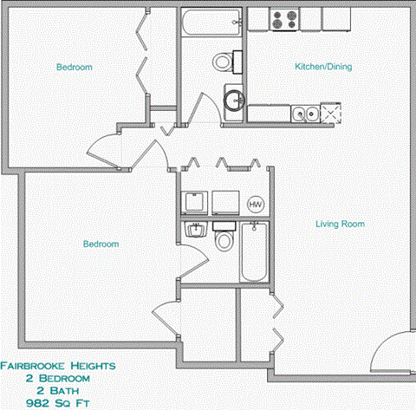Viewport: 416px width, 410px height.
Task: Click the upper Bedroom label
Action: click(75, 68)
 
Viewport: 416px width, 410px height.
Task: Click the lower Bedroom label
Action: click(101, 244)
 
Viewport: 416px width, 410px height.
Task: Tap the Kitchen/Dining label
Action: click(322, 68)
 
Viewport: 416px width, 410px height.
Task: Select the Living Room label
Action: click(339, 224)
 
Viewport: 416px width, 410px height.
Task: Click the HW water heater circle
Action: click(256, 204)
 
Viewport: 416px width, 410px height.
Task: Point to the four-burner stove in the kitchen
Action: click(283, 19)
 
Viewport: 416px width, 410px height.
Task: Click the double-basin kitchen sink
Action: click(303, 113)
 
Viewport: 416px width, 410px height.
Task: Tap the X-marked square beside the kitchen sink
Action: click(330, 113)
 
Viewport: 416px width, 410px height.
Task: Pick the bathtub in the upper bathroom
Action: click(211, 23)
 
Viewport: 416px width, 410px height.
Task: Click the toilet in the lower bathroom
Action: click(224, 238)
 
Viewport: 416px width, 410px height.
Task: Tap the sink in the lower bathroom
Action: click(195, 231)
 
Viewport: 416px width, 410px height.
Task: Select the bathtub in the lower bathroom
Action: click(254, 253)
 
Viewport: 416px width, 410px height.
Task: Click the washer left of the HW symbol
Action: click(195, 202)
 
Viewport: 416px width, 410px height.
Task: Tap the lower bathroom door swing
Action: click(195, 264)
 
